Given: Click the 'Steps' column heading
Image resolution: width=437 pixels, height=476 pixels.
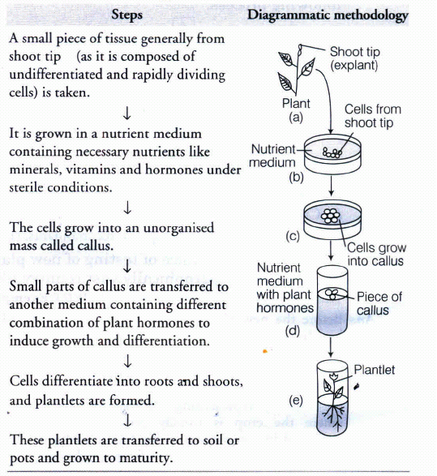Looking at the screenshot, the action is pyautogui.click(x=126, y=15).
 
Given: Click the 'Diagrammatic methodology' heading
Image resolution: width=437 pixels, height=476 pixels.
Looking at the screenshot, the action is pyautogui.click(x=328, y=15).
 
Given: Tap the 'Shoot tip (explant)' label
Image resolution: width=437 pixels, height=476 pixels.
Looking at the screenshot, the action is pyautogui.click(x=354, y=58).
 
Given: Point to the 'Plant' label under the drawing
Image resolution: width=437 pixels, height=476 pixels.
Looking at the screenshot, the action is pyautogui.click(x=296, y=104).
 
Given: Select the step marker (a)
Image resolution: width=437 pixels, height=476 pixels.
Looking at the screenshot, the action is pyautogui.click(x=296, y=118).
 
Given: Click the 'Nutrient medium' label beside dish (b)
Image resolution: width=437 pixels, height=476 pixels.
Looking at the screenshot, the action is pyautogui.click(x=272, y=156).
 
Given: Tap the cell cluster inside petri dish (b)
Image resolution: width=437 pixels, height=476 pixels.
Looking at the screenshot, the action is pyautogui.click(x=332, y=152).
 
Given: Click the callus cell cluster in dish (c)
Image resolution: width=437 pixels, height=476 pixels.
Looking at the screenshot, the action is pyautogui.click(x=331, y=217).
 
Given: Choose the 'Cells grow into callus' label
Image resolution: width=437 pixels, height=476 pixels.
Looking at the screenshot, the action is pyautogui.click(x=376, y=255).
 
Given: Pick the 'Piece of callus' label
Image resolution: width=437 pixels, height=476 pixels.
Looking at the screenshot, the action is pyautogui.click(x=379, y=303).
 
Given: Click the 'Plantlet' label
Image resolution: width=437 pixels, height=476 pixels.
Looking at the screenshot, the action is pyautogui.click(x=375, y=370).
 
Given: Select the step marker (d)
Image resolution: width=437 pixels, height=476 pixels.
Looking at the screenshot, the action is pyautogui.click(x=293, y=330).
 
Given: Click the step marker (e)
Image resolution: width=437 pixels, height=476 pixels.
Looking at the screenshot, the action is pyautogui.click(x=296, y=401).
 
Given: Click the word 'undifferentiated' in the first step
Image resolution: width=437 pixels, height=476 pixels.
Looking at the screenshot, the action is pyautogui.click(x=56, y=75).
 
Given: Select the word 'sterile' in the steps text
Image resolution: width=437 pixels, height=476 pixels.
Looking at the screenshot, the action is pyautogui.click(x=27, y=188).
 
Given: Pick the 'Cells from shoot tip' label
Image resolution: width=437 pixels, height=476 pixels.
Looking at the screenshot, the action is pyautogui.click(x=373, y=116).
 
